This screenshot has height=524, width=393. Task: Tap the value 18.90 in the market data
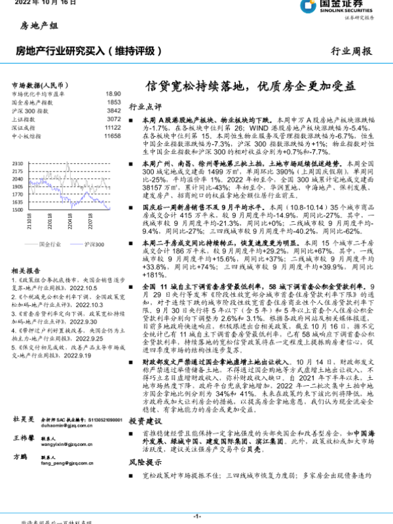tap(113, 94)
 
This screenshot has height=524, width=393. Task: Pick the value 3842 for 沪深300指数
tap(113, 111)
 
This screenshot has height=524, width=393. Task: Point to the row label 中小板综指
tap(26, 136)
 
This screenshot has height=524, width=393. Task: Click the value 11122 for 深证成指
tap(112, 128)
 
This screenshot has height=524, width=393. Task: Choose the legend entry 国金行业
tap(48, 243)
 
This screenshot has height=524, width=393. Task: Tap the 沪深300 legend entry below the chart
tap(94, 243)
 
